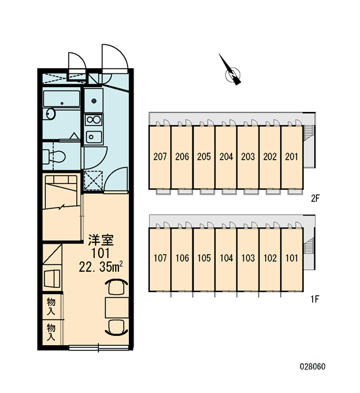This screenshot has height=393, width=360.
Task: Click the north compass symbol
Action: [x=232, y=71]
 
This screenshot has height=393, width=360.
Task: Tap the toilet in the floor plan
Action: [x=54, y=157]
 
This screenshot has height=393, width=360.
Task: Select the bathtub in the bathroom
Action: [x=62, y=99]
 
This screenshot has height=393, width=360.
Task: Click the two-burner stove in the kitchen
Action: [x=94, y=120]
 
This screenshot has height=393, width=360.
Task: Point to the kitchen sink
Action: [x=94, y=137]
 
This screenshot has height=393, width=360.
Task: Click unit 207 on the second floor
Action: [x=160, y=157]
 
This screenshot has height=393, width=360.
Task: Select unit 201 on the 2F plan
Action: [x=292, y=157]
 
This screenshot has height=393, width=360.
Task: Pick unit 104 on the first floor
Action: [x=226, y=258]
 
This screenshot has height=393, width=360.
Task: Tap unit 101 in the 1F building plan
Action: [x=292, y=258]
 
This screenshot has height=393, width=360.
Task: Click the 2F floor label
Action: [x=315, y=198]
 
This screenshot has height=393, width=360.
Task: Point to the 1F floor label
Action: [x=315, y=299]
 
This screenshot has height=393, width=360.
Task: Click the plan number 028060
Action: [x=313, y=367]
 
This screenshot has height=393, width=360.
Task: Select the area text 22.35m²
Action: [x=101, y=267]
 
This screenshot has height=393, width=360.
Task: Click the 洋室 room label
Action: [x=101, y=240]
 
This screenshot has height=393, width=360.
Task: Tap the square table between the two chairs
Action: [x=117, y=308]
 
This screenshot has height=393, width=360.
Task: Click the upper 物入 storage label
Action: [x=51, y=307]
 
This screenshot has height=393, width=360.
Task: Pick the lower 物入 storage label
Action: [x=51, y=332]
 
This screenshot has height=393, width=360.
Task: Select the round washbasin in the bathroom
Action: [x=50, y=114]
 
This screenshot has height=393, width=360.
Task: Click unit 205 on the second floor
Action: [x=204, y=157]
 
